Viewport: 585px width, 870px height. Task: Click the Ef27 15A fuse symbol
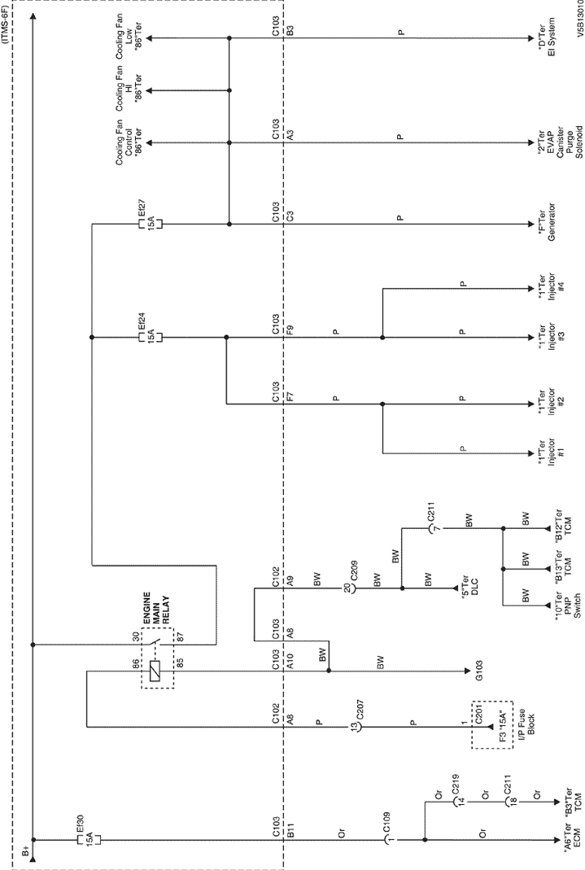(x=150, y=224)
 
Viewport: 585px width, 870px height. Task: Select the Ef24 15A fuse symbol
(x=150, y=338)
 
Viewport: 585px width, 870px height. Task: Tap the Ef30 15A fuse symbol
(x=89, y=840)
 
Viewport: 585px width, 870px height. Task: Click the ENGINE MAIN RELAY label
(x=156, y=610)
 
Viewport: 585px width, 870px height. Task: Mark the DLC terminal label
(x=470, y=588)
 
